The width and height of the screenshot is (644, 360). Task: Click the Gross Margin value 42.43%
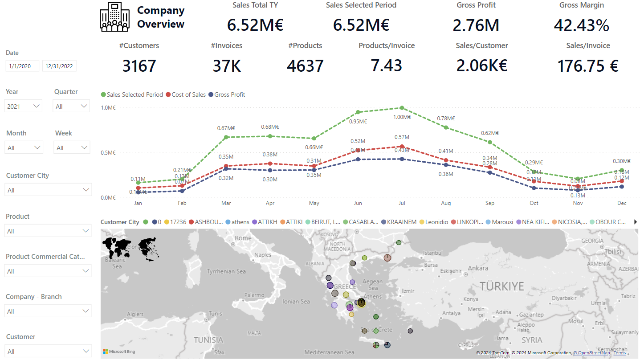[x=581, y=25]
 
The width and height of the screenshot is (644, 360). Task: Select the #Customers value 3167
[x=139, y=66]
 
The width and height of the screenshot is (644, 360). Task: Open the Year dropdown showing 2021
[x=24, y=106]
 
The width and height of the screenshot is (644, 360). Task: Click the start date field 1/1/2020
[x=22, y=66]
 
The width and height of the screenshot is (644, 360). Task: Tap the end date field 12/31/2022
[x=59, y=66]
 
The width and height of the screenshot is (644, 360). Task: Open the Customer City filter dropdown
[x=48, y=190]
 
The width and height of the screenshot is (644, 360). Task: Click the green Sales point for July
[x=402, y=108]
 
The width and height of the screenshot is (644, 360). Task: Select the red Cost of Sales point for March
[x=226, y=166]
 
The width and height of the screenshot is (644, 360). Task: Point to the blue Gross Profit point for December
[x=622, y=187]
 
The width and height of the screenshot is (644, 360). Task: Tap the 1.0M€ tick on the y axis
[x=108, y=108]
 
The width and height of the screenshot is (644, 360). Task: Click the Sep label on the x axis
[x=489, y=203]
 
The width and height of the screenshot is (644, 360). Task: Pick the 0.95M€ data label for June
[x=358, y=121]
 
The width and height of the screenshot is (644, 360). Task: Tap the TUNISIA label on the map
[x=208, y=340]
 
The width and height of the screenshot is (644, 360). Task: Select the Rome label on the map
[x=243, y=238]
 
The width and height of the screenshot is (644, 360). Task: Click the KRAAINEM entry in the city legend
[x=400, y=222]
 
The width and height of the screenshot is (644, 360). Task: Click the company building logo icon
[x=115, y=17]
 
